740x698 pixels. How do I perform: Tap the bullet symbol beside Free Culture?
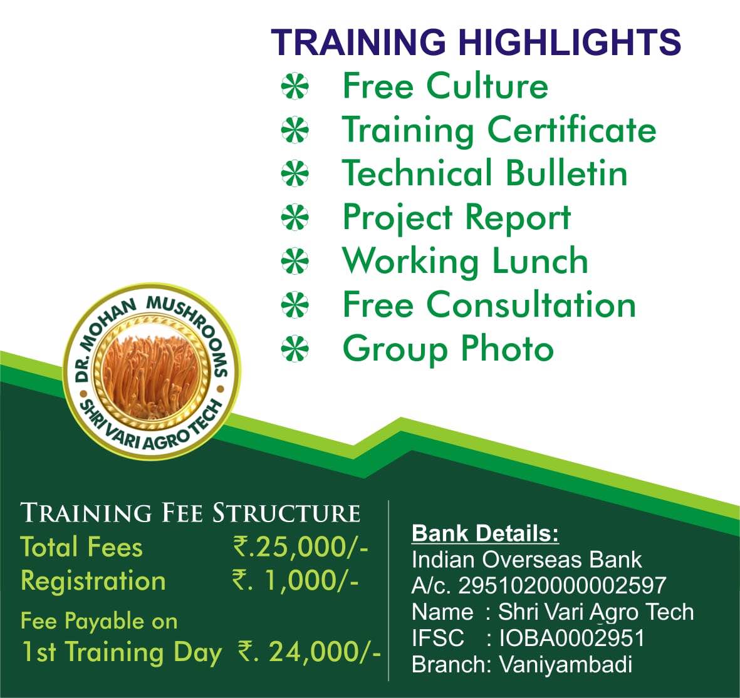295,87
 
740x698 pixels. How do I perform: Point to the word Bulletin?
566,173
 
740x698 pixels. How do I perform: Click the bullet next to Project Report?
295,217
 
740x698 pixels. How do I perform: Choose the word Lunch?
540,260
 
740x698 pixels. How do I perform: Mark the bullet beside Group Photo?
295,349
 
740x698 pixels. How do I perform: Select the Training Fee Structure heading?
190,513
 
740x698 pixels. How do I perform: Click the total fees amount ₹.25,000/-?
301,547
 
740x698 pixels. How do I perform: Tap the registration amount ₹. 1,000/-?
295,580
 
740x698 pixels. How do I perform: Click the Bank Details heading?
485,533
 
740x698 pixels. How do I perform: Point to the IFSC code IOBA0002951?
572,638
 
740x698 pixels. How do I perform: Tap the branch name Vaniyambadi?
565,665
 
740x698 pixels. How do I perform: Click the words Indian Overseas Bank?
527,560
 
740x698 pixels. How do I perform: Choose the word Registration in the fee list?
93,581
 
